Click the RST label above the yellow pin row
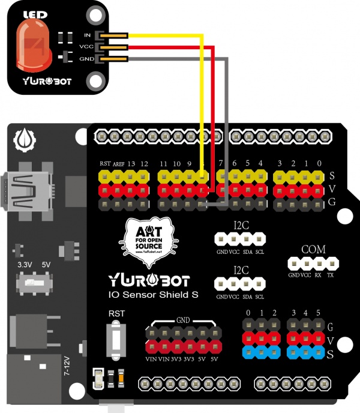coord(105,164)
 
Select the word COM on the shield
coord(313,249)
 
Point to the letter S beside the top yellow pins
coord(332,176)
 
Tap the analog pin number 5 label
coord(318,313)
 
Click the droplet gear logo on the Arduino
coord(24,140)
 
